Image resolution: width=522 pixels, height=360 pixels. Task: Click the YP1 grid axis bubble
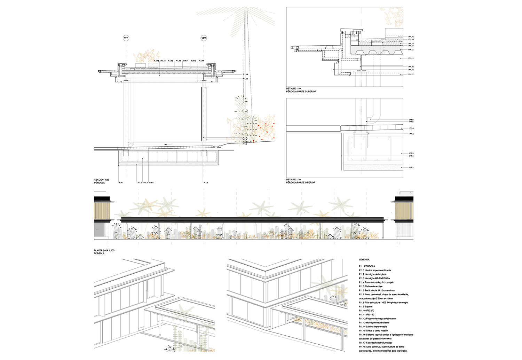tap(126, 38)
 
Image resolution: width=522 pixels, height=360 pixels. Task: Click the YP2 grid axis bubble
tap(204, 38)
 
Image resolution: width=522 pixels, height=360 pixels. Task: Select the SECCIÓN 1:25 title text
tap(101, 180)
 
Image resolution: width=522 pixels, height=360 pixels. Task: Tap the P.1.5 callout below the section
tap(206, 182)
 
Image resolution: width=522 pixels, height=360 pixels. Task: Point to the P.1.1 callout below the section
tap(121, 182)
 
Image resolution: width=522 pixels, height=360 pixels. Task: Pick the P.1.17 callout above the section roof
tap(201, 61)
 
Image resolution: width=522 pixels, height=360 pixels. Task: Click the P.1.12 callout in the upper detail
tap(411, 50)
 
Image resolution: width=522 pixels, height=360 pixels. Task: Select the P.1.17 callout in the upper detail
tap(411, 74)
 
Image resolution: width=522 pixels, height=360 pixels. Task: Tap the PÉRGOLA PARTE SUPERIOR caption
tap(301, 92)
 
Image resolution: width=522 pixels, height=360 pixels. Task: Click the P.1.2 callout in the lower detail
tap(411, 167)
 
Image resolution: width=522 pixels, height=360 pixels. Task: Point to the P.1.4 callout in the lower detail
tap(411, 128)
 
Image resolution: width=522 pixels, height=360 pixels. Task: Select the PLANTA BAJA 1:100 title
tap(104, 250)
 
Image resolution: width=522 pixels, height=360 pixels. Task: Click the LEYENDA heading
tap(364, 260)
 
